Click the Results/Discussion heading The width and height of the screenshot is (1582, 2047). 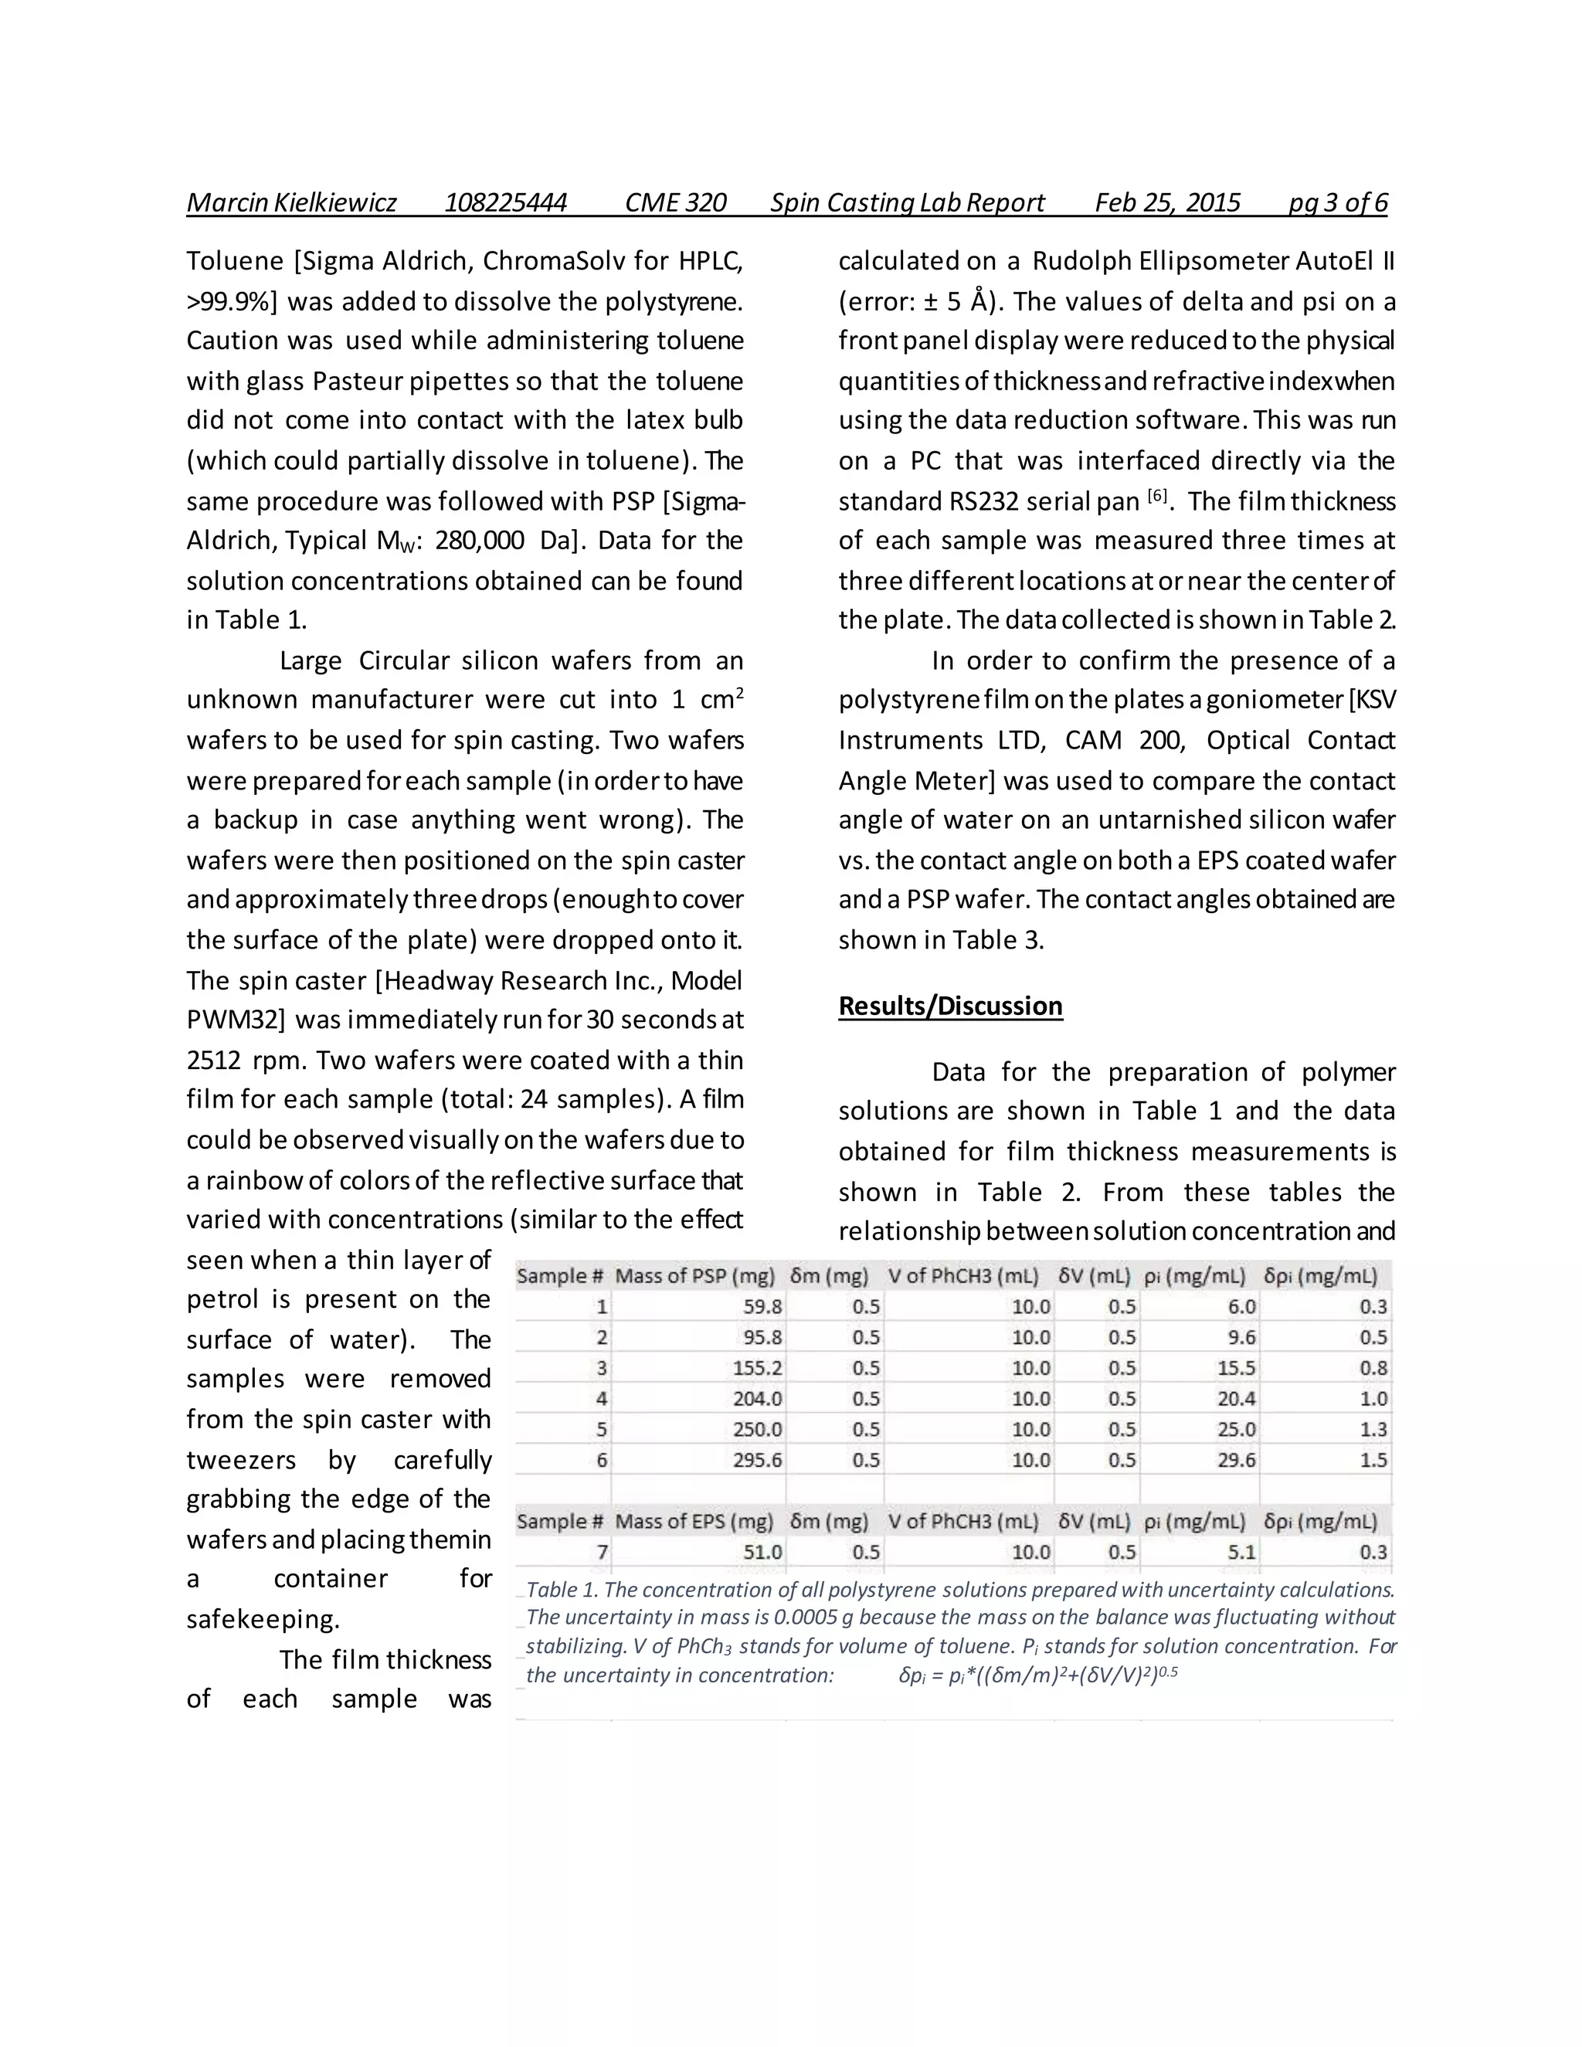pos(949,1006)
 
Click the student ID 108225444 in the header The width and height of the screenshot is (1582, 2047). pos(505,202)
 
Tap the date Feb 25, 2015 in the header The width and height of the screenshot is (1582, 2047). pos(1167,202)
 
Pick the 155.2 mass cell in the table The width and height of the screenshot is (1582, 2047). pos(756,1369)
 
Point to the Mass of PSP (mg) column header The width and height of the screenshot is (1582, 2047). pos(694,1275)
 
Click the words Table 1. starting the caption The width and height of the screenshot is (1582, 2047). pos(562,1590)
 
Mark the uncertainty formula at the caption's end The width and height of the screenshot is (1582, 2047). pos(1037,1675)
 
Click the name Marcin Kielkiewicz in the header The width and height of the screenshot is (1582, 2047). pos(290,202)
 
